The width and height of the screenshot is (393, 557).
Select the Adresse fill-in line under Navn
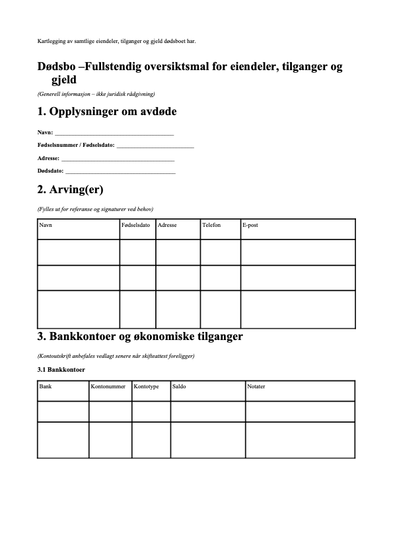coord(118,159)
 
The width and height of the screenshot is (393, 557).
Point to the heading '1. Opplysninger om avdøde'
coord(107,111)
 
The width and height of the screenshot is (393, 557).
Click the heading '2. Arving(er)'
coord(71,190)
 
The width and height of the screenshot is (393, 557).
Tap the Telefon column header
coord(211,226)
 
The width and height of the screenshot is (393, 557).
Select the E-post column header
coord(250,226)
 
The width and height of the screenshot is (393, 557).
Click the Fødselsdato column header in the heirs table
coord(136,226)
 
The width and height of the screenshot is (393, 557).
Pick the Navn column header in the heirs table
coord(46,226)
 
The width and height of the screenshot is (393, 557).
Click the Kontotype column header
coord(146,386)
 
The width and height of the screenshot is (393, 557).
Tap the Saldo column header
coord(179,386)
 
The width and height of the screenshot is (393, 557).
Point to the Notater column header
coord(256,386)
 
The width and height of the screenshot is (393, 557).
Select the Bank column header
coord(46,386)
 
